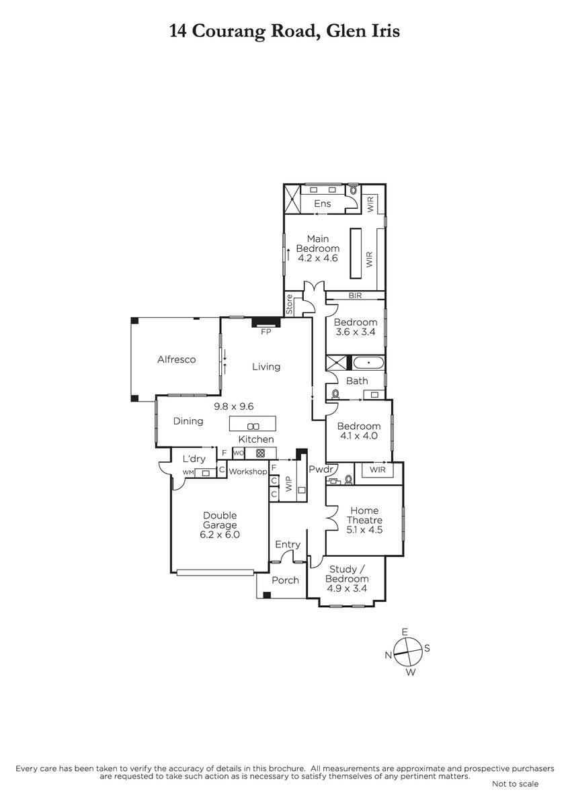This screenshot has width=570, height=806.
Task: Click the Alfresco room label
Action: pos(176,359)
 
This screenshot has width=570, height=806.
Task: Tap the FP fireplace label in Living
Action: pos(266,332)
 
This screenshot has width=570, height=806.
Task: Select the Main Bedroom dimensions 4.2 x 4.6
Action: pos(318,258)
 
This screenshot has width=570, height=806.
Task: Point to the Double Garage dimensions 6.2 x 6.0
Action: pos(220,535)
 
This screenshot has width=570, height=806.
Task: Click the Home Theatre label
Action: pos(364,515)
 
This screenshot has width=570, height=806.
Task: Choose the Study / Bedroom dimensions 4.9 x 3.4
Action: pos(347,588)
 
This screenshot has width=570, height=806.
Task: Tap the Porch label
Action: pos(285,580)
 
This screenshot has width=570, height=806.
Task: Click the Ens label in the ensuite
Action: pos(322,204)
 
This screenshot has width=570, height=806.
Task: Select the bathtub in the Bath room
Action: pos(368,363)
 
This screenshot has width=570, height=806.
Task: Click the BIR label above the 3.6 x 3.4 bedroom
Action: pos(355,296)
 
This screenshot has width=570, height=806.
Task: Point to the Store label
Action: pos(290,304)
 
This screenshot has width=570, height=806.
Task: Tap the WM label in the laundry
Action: pos(188,472)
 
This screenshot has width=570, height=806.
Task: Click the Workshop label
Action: pos(248,472)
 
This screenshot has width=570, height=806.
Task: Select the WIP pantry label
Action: pos(289,484)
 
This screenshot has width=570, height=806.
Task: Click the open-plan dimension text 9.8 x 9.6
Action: pos(234,406)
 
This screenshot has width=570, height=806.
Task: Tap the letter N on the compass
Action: pos(388,655)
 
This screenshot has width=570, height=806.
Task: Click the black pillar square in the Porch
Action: pos(267,595)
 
